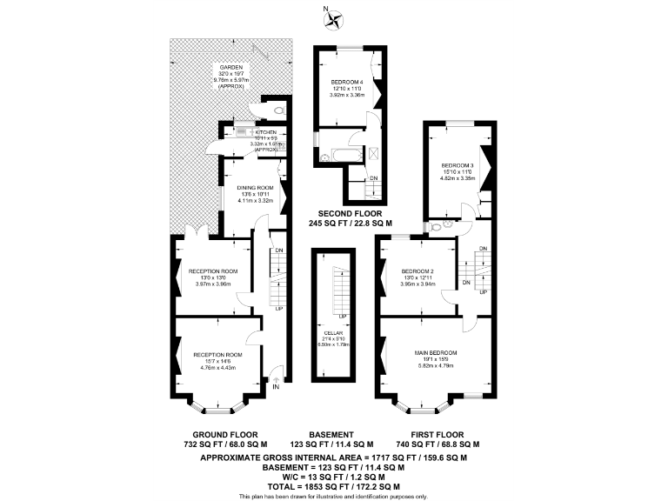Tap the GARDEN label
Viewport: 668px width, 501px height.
[x=230, y=67]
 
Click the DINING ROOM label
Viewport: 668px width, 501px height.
[x=256, y=188]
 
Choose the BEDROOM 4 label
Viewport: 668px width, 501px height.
[x=346, y=82]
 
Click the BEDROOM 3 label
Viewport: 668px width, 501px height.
[x=458, y=165]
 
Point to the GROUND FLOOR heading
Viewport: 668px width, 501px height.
[x=224, y=434]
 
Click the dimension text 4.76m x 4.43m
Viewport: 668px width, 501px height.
[x=217, y=363]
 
